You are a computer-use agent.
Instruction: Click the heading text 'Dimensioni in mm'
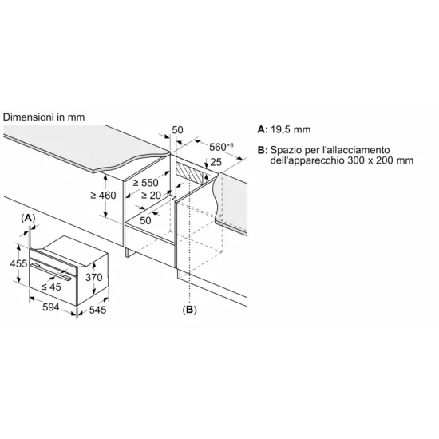point(44,117)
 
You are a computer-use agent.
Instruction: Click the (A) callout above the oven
point(29,217)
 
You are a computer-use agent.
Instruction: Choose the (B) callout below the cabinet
point(190,308)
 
